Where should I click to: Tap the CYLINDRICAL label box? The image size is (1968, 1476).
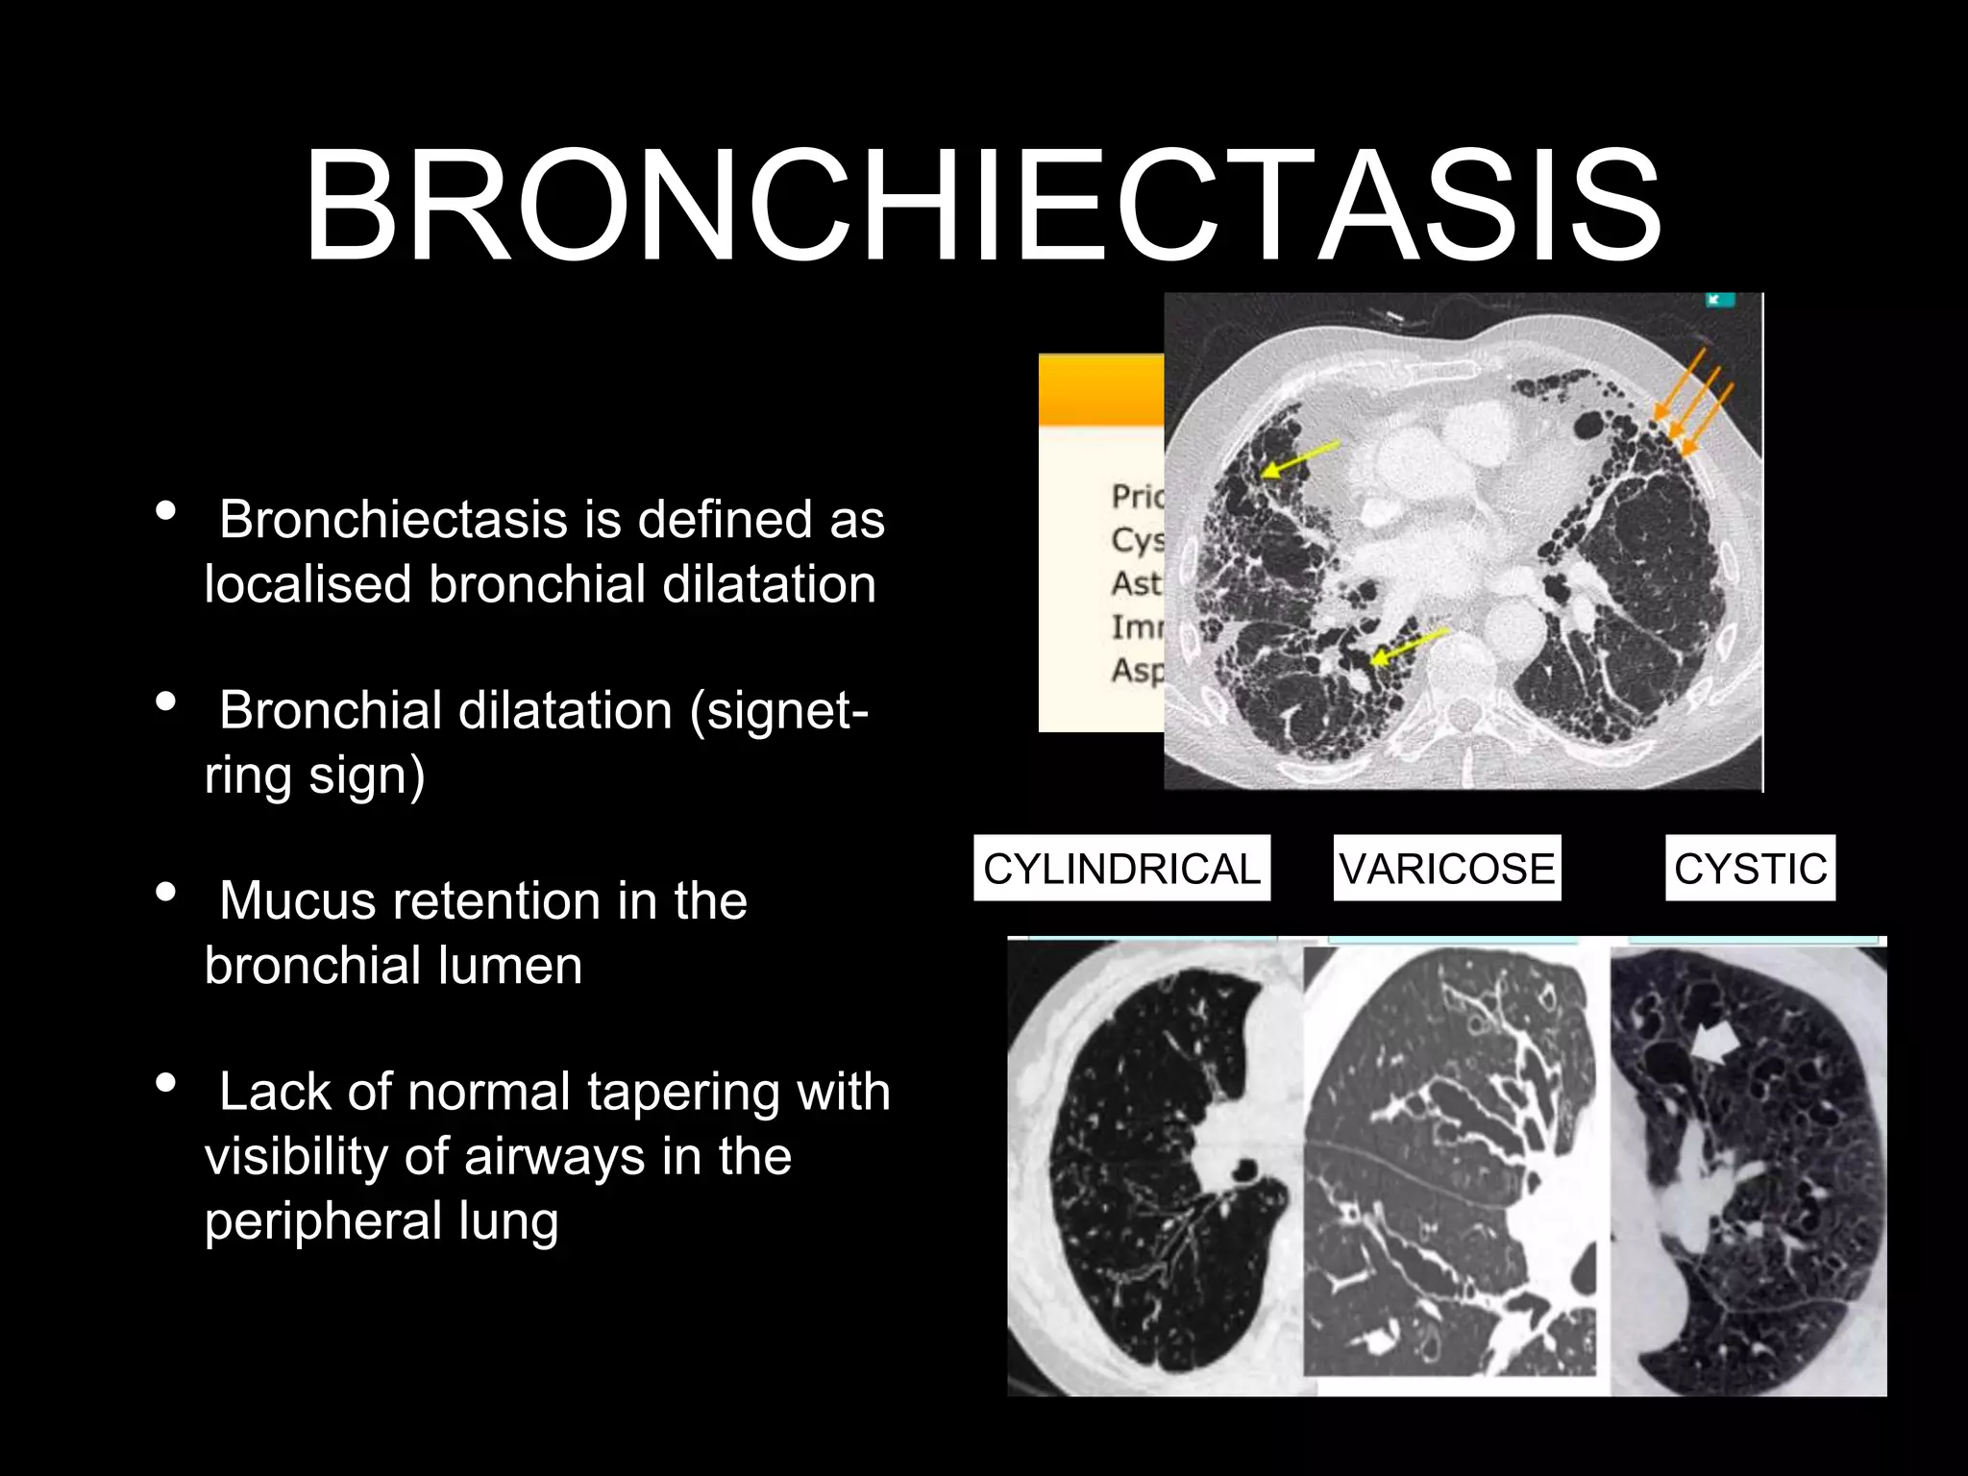[x=1121, y=868]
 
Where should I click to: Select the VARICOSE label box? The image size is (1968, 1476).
[x=1446, y=868]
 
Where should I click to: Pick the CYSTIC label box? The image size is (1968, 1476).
[x=1749, y=868]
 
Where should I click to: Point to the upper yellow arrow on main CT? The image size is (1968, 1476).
[x=1299, y=457]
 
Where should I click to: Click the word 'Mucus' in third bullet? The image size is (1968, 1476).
[x=296, y=901]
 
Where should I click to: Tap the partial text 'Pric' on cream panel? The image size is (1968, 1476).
[x=1137, y=496]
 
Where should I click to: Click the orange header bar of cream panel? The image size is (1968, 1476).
[x=1101, y=390]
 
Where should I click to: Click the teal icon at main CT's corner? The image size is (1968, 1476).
[x=1719, y=300]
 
